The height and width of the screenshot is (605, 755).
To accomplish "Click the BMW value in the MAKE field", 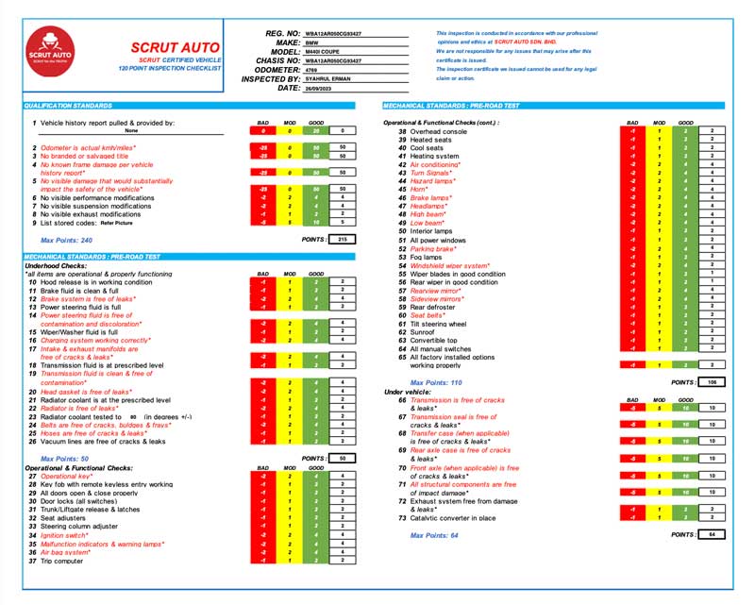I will tap(310, 42).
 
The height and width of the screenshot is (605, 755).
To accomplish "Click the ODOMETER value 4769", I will tap(311, 70).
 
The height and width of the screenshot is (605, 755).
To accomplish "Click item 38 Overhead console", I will tap(440, 130).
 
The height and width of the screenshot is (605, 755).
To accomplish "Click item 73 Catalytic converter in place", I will tap(449, 517).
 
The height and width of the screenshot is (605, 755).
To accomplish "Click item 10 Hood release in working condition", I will tap(89, 282).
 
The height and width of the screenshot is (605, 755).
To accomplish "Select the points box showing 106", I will tap(713, 382).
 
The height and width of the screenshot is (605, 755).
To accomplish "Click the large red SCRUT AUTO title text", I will tap(175, 46).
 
